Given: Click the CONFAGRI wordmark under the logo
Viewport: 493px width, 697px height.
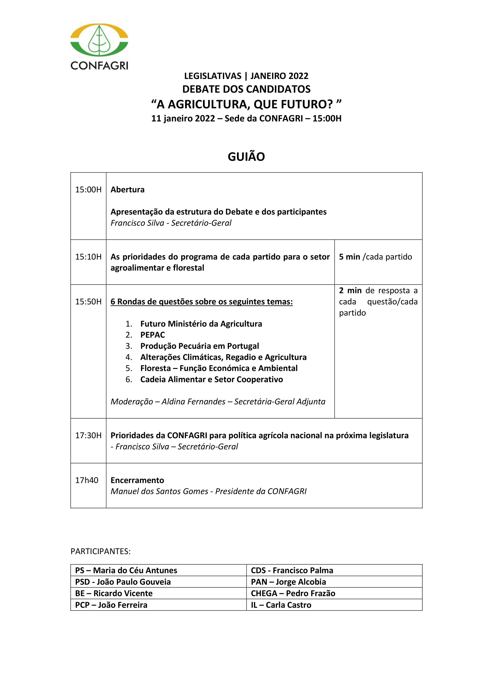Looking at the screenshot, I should tap(99, 66).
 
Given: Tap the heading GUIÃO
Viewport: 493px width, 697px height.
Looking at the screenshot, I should tap(246, 157).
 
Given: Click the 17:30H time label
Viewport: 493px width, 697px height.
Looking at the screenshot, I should tap(88, 435).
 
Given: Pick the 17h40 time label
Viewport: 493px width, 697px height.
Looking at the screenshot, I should tap(87, 480).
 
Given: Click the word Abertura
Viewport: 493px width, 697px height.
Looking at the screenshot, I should tap(128, 190).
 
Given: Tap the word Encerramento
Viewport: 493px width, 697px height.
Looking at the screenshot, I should tap(137, 480).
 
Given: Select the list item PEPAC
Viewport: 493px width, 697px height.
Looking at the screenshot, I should tap(153, 335).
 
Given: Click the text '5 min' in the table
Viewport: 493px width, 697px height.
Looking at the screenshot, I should tap(349, 257).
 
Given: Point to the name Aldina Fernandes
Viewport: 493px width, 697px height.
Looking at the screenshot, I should tap(193, 402).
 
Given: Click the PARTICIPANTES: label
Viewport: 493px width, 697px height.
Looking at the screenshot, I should tap(100, 551).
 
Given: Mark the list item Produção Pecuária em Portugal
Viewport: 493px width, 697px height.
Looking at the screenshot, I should tap(199, 346).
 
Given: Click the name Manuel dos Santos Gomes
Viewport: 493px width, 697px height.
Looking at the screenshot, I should tap(159, 491).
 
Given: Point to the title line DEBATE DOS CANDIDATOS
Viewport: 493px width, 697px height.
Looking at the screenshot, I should tap(246, 89).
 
